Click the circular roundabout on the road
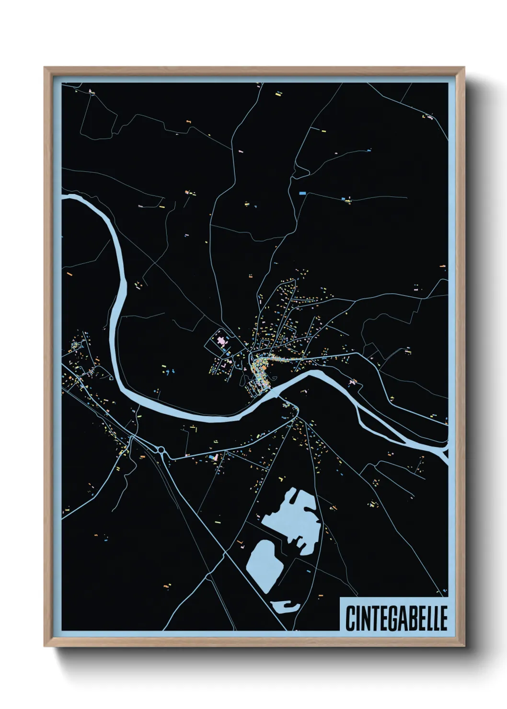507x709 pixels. click(x=161, y=449)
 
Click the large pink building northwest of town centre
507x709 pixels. click(x=222, y=342)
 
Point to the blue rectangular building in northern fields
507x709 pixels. click(x=302, y=193)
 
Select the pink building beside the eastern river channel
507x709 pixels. click(x=355, y=382)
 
